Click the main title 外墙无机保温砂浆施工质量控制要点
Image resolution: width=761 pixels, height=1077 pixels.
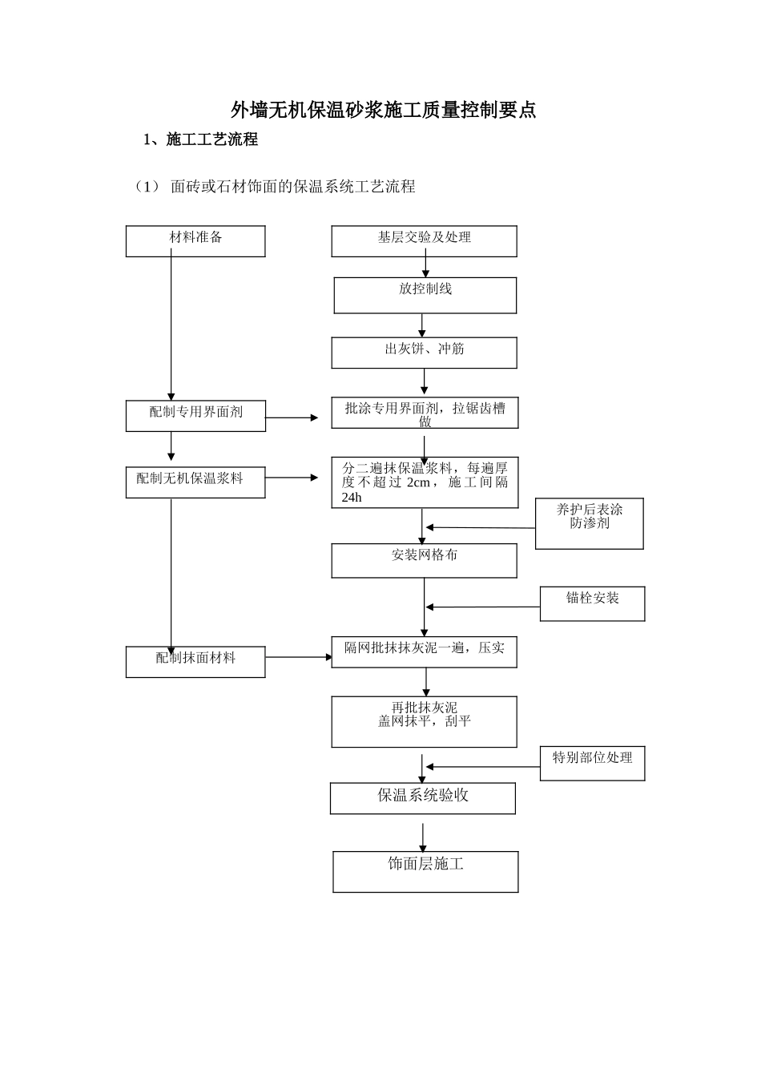pos(383,110)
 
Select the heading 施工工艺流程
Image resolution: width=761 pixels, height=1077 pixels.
pos(211,139)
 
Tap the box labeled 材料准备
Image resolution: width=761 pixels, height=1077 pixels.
pos(195,240)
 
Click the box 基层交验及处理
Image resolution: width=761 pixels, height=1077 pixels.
pos(424,240)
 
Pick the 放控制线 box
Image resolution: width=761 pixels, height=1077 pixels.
pos(425,295)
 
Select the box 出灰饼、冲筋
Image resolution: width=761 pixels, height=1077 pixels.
pos(424,352)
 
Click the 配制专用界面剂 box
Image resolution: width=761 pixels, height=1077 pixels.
pos(195,415)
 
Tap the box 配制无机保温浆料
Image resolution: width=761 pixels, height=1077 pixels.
pos(195,482)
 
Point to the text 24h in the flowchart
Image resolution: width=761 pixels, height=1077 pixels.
pos(352,498)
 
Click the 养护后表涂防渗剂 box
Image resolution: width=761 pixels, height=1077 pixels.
pos(589,522)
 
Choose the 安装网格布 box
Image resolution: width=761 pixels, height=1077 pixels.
pos(424,560)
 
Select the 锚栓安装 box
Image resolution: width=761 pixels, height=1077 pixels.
pos(592,603)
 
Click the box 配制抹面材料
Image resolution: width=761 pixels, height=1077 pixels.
pos(195,661)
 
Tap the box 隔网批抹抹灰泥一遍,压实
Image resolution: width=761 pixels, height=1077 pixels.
pos(424,651)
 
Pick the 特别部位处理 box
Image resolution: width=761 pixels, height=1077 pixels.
pos(592,763)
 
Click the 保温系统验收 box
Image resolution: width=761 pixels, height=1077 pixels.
pos(422,798)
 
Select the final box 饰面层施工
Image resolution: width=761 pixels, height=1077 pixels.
pos(425,870)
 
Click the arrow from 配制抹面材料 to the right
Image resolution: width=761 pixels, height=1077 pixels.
pos(298,657)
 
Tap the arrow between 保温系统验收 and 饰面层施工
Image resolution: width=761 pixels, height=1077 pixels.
pos(423,837)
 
